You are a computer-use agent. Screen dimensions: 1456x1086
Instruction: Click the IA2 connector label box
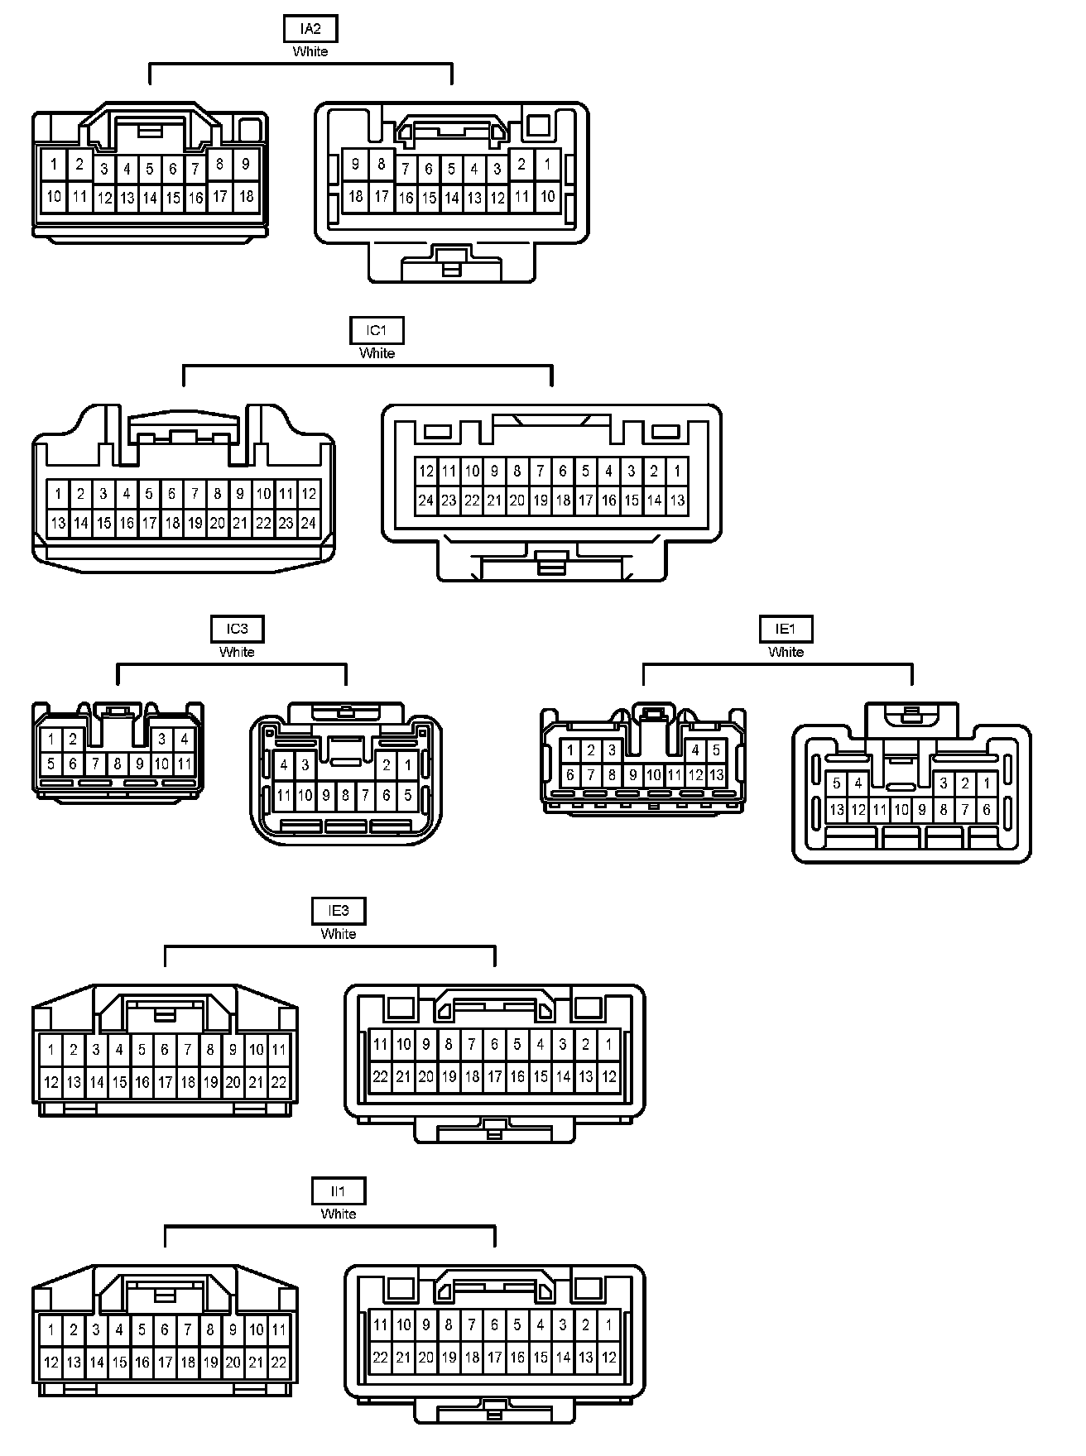click(310, 30)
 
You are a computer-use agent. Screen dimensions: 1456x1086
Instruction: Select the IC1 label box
click(377, 331)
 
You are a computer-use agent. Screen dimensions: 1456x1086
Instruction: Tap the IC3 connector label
click(237, 630)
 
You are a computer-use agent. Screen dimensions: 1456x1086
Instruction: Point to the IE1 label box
click(786, 630)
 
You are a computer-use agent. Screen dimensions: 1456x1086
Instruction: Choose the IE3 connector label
click(339, 912)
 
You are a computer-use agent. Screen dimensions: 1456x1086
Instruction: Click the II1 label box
click(339, 1192)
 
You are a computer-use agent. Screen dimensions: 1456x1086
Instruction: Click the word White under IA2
click(310, 51)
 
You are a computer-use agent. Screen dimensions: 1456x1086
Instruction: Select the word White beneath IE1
click(786, 652)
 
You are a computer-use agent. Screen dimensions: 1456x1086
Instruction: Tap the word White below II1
click(339, 1214)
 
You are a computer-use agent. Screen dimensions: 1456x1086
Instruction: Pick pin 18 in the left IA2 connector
click(246, 196)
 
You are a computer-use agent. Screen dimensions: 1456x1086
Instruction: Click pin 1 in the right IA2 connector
click(547, 165)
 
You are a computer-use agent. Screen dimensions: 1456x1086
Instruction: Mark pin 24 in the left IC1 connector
click(308, 523)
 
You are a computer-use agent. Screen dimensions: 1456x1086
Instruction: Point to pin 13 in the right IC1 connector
click(677, 500)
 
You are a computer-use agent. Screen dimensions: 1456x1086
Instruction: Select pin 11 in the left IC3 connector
click(185, 764)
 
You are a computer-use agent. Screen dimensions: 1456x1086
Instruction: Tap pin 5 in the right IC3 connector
click(407, 796)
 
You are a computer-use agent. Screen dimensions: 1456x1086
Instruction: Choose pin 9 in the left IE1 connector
click(632, 776)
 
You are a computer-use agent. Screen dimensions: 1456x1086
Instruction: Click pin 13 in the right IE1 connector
click(837, 810)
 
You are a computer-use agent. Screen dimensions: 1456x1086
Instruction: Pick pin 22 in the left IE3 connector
click(279, 1081)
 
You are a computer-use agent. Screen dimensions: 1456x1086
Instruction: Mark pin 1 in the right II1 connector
click(608, 1324)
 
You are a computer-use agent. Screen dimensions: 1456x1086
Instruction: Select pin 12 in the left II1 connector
click(50, 1362)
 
